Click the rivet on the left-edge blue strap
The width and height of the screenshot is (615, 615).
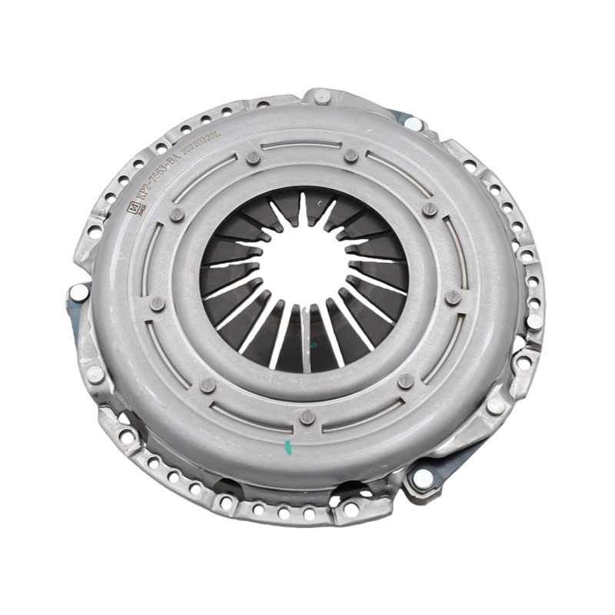pos(78,291)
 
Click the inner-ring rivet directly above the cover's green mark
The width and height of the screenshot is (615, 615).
pos(307,417)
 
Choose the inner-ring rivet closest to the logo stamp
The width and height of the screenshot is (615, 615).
pos(177,214)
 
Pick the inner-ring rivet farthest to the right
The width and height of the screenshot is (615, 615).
pos(454,297)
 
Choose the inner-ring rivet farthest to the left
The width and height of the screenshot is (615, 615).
pos(158,304)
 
